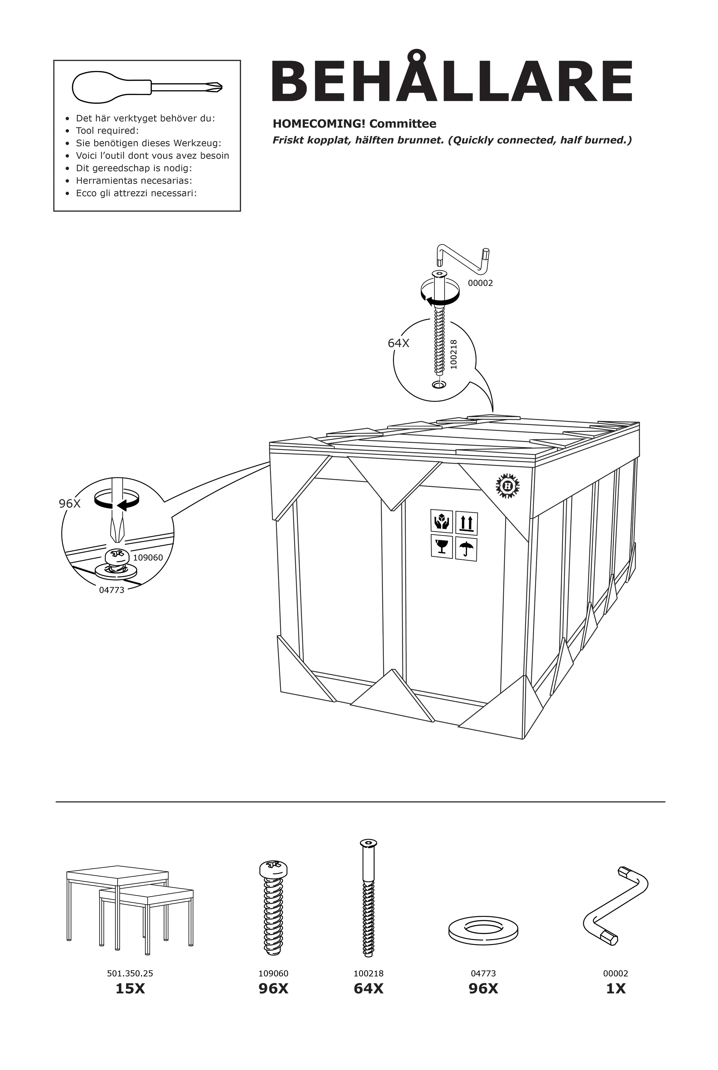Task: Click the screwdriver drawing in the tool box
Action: coord(147,87)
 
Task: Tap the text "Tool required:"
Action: coord(107,131)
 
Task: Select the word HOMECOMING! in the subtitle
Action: coord(319,124)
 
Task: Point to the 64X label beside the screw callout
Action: coord(398,343)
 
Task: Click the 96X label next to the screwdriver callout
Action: coord(70,504)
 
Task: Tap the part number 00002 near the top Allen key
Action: coord(480,283)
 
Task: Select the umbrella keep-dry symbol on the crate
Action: coord(466,549)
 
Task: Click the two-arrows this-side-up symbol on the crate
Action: coord(466,523)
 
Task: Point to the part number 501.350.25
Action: coord(130,974)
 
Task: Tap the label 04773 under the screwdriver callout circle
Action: coord(112,590)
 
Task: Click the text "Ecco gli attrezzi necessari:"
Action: coord(136,193)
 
